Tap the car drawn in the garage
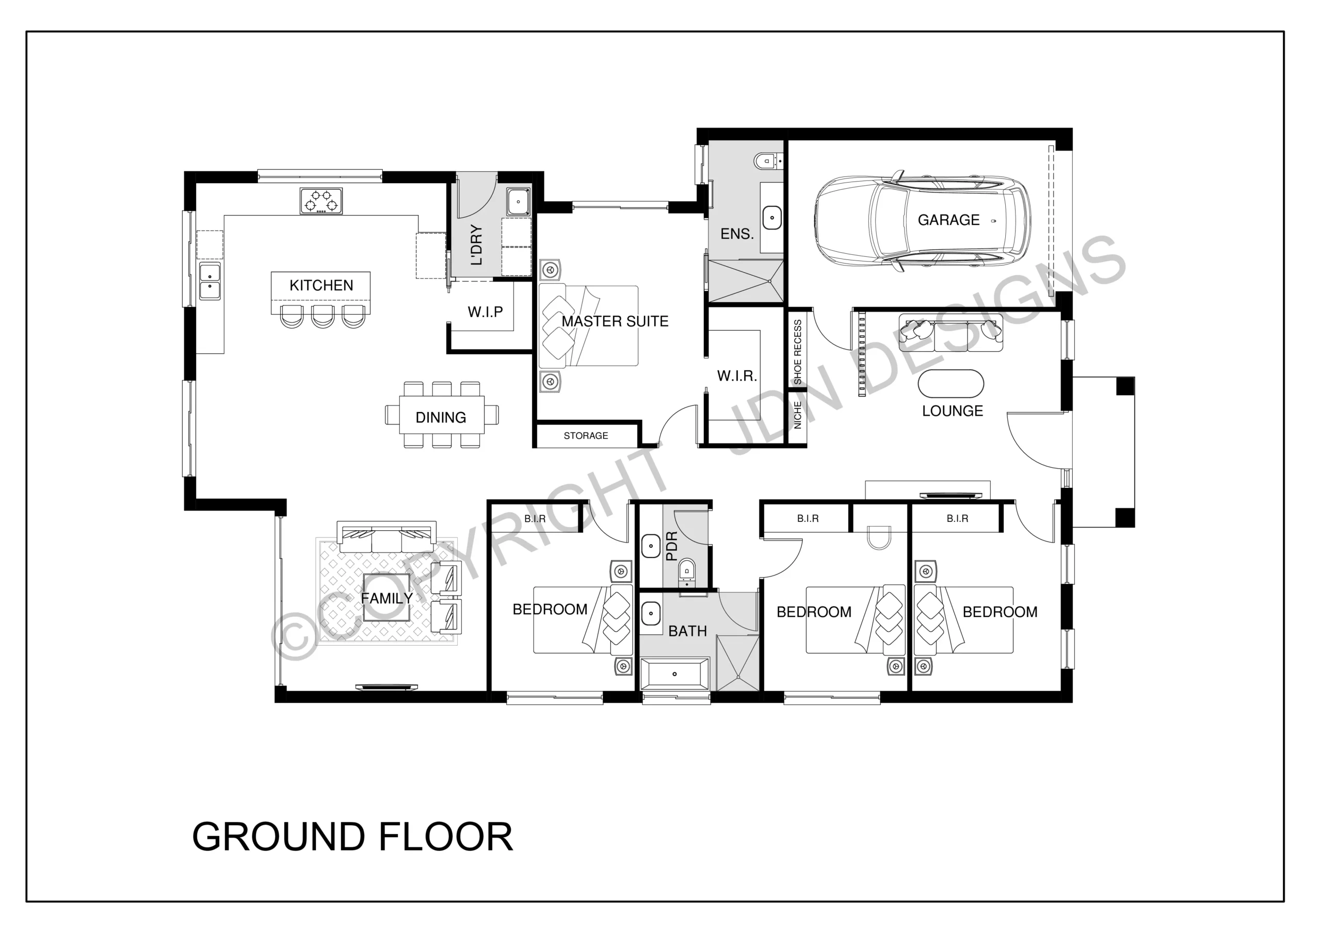tap(922, 220)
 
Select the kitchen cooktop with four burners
tap(321, 201)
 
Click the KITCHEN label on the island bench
tap(321, 285)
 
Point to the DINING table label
tap(441, 418)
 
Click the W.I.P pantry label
tap(485, 312)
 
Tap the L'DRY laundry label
tap(476, 244)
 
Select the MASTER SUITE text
tap(615, 321)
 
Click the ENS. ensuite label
tap(737, 234)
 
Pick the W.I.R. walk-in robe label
tap(737, 376)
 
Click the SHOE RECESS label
tap(797, 352)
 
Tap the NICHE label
tap(797, 415)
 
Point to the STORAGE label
tap(586, 436)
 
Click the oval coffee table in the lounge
tap(951, 384)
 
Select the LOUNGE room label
tap(953, 411)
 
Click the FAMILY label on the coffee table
tap(386, 599)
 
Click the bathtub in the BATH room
tap(674, 674)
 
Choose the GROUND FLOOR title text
tap(352, 837)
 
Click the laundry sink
tap(519, 202)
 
